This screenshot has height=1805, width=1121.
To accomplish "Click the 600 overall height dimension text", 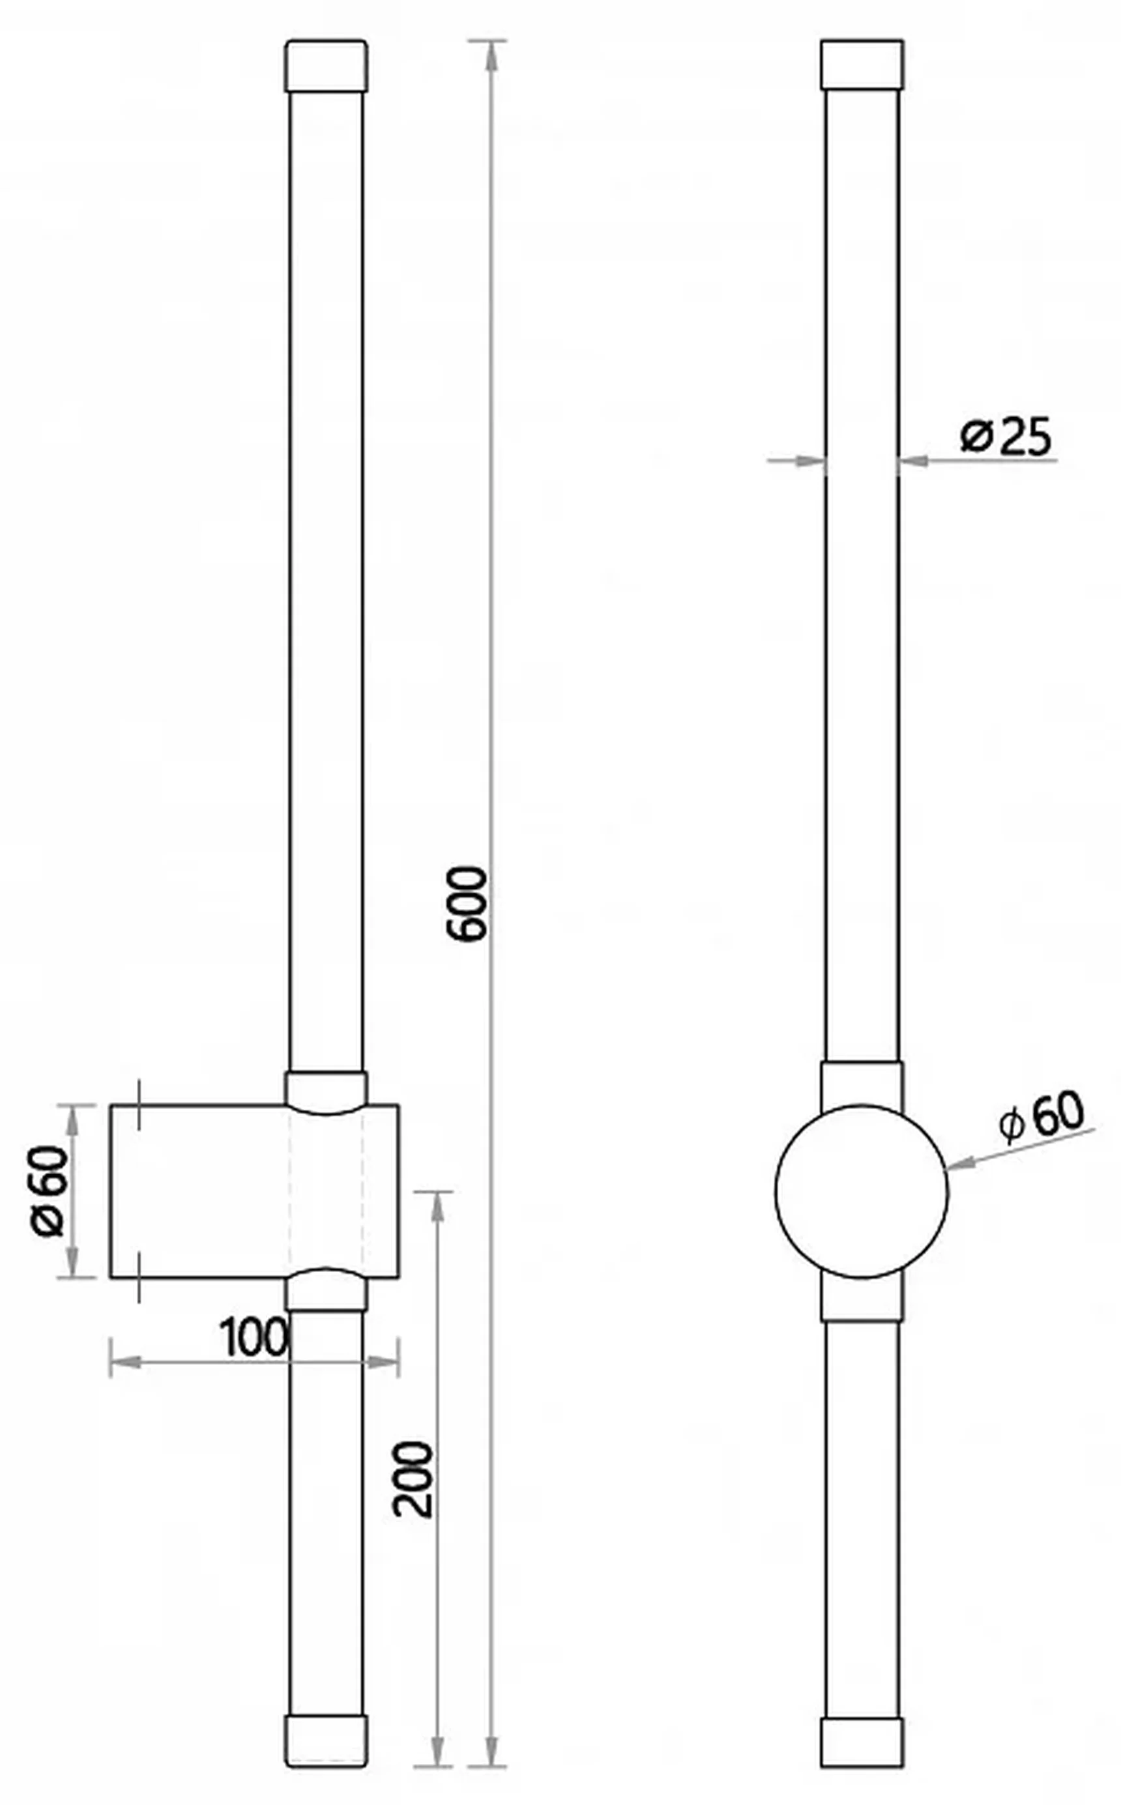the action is coord(468,904).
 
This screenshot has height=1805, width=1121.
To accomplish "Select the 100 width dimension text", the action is coord(254,1338).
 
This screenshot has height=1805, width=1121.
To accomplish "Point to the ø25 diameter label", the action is coord(1006,436).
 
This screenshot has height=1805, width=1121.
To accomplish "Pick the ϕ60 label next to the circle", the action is coord(1041,1117).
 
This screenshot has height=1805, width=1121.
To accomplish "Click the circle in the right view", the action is coord(862,1192).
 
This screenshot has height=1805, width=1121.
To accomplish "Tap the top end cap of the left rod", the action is coord(327,66).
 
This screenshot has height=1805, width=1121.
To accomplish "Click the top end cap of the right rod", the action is coord(862,65).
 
